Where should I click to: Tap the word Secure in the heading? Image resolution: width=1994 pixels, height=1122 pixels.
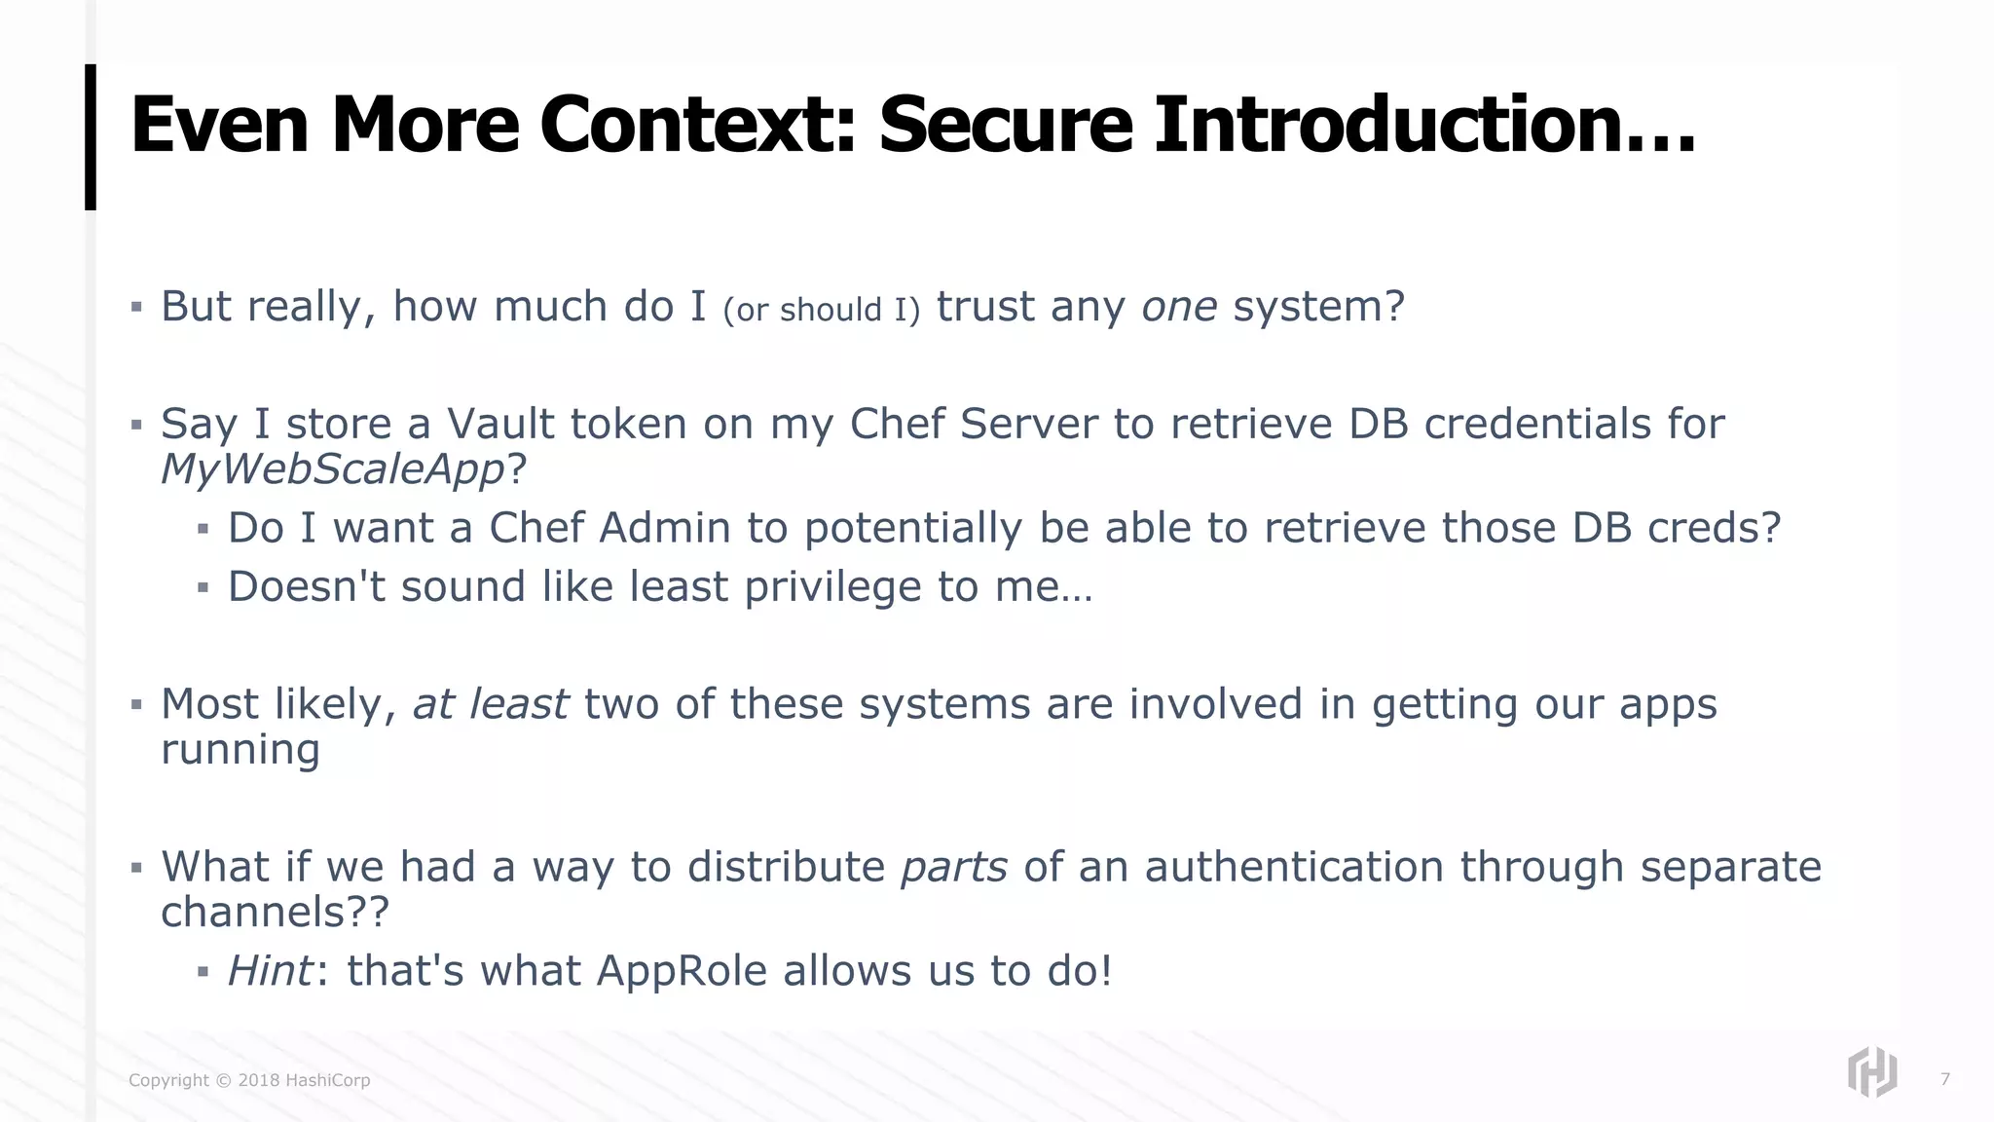[1006, 125]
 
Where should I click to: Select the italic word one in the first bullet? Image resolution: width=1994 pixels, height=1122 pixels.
[1179, 307]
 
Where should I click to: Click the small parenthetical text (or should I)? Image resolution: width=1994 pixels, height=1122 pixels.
[821, 310]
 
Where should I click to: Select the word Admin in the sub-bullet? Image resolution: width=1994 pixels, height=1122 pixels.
[665, 528]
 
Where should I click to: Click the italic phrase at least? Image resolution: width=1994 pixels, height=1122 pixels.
[490, 704]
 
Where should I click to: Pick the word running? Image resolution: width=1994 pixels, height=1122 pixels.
[240, 750]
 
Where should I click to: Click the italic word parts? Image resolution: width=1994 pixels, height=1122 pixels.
[953, 867]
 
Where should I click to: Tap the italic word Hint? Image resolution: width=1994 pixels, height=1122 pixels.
[270, 971]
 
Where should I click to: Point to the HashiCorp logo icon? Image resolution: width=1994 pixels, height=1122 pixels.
[1871, 1072]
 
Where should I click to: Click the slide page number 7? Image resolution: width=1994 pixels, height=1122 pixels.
[1944, 1079]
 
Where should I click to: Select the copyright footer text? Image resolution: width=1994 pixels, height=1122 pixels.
[249, 1080]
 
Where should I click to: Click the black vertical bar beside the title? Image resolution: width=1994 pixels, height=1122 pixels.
[91, 136]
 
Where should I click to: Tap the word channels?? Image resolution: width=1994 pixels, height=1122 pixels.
[275, 913]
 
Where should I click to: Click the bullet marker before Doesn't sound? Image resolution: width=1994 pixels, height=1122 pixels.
[203, 587]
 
